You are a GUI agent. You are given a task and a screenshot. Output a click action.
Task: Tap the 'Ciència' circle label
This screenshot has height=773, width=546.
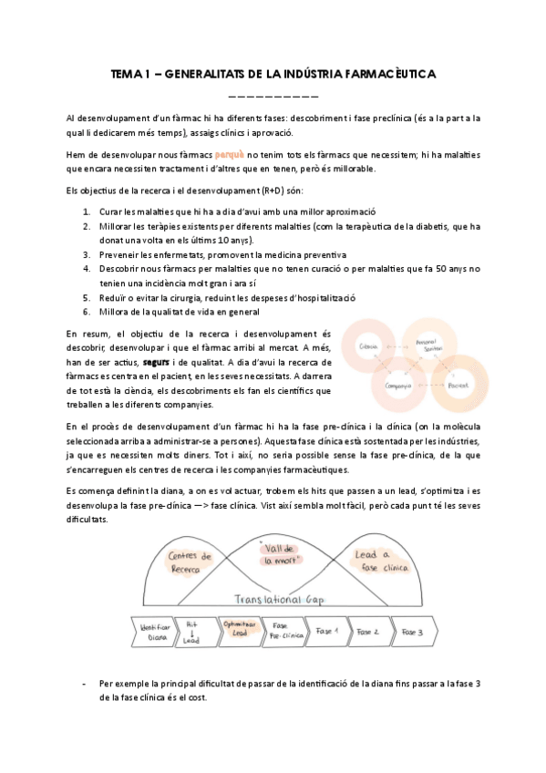point(370,347)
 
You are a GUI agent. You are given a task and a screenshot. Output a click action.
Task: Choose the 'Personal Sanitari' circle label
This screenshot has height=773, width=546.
point(427,342)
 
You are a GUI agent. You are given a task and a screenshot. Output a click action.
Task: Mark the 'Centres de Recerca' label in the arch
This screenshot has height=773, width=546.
point(191,562)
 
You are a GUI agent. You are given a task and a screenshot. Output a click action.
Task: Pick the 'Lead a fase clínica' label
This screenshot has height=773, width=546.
point(373,560)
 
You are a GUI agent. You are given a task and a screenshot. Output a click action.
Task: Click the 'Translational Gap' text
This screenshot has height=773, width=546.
point(271,602)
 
